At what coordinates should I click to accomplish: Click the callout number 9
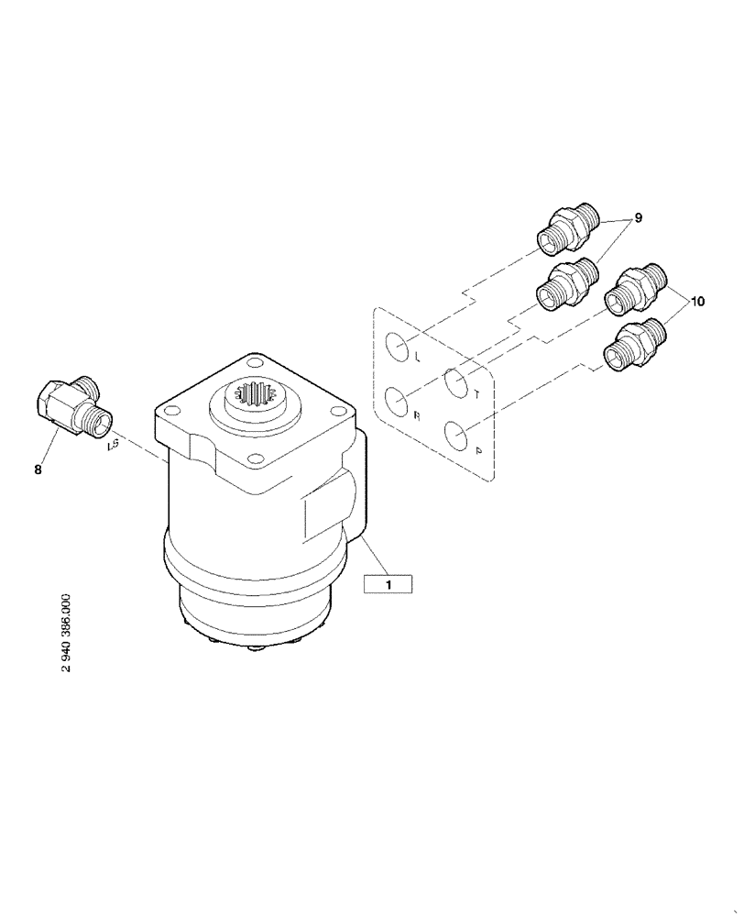click(638, 218)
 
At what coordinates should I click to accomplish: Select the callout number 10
click(698, 301)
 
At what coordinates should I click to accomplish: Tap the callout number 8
click(38, 469)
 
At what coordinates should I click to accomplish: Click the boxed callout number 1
click(388, 582)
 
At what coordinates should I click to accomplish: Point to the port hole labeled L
click(398, 347)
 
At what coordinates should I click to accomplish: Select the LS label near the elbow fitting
click(114, 447)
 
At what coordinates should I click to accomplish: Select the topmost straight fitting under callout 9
click(567, 230)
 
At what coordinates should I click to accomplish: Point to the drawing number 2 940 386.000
click(66, 632)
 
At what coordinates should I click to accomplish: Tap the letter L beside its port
click(417, 355)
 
